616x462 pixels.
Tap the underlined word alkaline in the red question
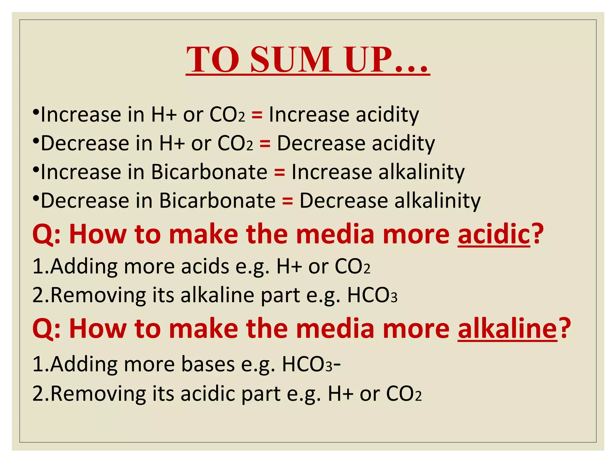click(507, 328)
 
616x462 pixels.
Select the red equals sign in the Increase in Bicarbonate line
click(279, 172)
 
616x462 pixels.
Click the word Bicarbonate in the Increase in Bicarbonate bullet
click(209, 172)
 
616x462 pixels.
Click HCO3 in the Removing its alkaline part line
click(372, 295)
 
